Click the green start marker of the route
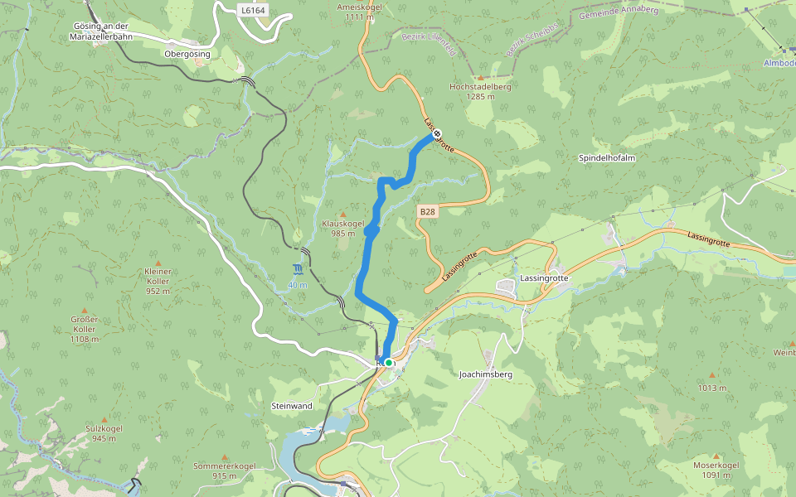(x=388, y=362)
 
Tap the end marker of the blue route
(x=437, y=133)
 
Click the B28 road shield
(x=427, y=212)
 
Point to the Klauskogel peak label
(x=342, y=224)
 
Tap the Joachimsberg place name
(x=486, y=374)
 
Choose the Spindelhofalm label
(x=607, y=157)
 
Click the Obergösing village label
(x=187, y=53)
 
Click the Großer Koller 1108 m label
(x=85, y=324)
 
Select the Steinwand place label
(x=291, y=406)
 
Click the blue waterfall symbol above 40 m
(x=297, y=270)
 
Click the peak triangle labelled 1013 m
(x=711, y=374)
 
